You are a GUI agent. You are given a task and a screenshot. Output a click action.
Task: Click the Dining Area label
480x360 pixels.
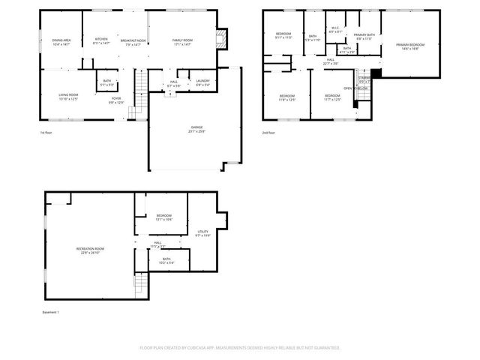point(61,42)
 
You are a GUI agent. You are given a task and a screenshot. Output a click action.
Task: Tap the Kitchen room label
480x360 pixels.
point(101,41)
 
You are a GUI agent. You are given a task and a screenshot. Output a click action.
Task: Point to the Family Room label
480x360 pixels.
point(182,42)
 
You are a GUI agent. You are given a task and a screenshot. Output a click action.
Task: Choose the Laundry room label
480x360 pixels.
point(202,82)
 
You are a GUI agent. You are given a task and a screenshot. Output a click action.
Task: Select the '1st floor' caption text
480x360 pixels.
point(47,133)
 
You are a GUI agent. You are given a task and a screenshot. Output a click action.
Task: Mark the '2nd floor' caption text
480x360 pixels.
point(268,133)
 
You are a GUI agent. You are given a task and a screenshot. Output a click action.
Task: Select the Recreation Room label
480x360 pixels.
point(90,250)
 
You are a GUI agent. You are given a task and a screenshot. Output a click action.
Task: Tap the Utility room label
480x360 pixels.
point(202,233)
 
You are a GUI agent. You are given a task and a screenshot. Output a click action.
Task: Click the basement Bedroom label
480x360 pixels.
point(163,217)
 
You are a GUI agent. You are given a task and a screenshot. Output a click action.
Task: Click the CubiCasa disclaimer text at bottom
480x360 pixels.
point(240,347)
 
